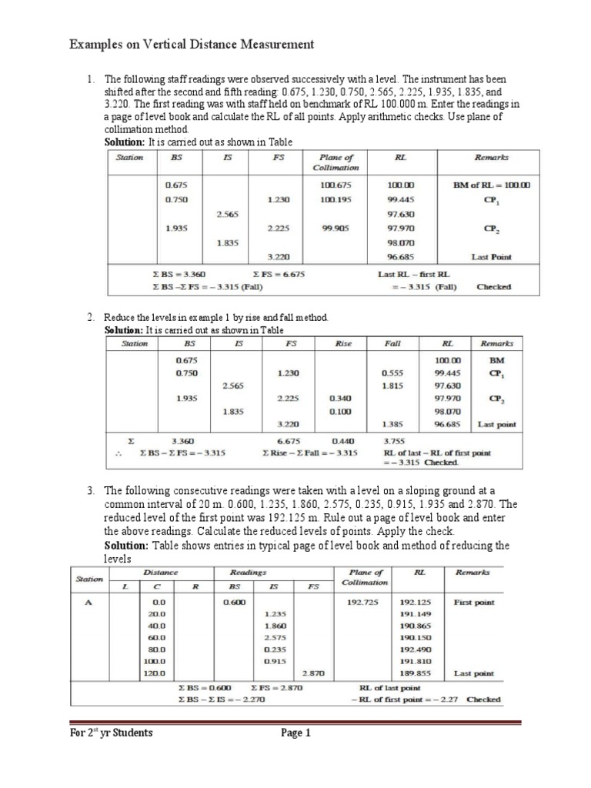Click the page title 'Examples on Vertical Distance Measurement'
coord(192,45)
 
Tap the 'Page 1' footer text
coord(295,733)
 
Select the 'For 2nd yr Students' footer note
coord(111,733)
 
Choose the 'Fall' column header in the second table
coord(392,343)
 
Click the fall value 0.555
coord(393,373)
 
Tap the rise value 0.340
coord(339,399)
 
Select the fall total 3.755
coord(394,441)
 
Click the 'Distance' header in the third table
coord(160,573)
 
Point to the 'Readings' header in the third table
coord(248,573)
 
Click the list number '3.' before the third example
coord(90,489)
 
